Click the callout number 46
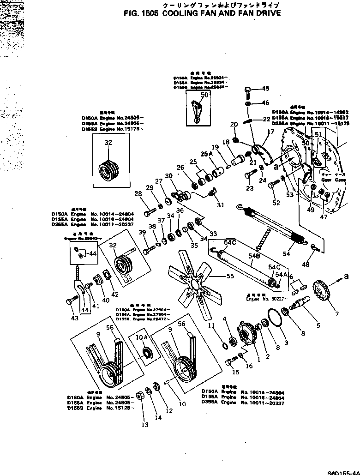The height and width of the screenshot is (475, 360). [265, 102]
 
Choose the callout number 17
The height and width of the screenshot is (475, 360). [270, 132]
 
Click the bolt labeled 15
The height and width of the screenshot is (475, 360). [230, 363]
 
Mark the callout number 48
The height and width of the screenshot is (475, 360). [305, 265]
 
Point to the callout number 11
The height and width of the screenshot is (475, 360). [212, 326]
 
